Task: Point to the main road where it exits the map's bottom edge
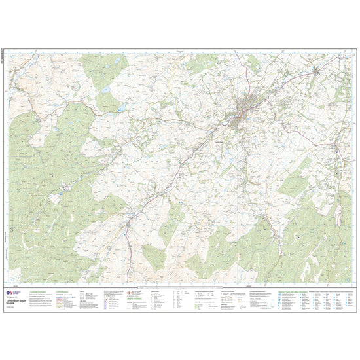(x=129, y=281)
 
